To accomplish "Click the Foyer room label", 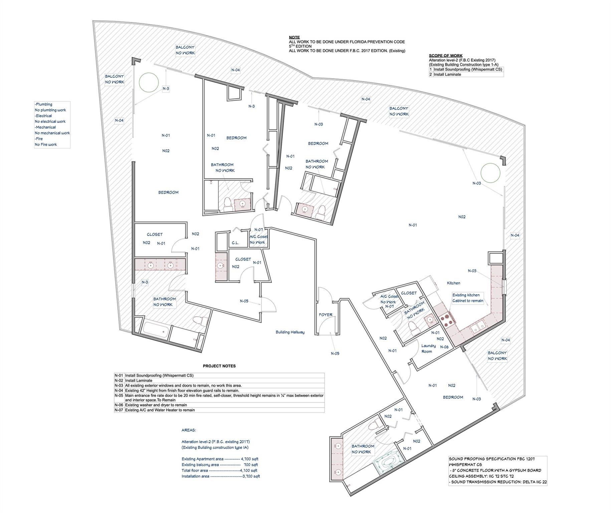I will pyautogui.click(x=325, y=315).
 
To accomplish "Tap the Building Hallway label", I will pyautogui.click(x=290, y=332).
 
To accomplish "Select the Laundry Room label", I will pyautogui.click(x=428, y=348).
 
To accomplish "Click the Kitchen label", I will pyautogui.click(x=453, y=283).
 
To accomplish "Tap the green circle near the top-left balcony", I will pyautogui.click(x=149, y=82).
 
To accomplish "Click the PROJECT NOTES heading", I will pyautogui.click(x=219, y=366).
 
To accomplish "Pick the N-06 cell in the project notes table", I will pyautogui.click(x=119, y=405).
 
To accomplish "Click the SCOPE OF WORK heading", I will pyautogui.click(x=445, y=56).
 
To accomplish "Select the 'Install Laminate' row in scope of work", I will pyautogui.click(x=447, y=74).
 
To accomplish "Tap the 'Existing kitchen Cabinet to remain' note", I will pyautogui.click(x=467, y=298).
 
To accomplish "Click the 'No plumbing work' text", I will pyautogui.click(x=50, y=110).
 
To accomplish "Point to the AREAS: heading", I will pyautogui.click(x=189, y=430).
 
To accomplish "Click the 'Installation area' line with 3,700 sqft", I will pyautogui.click(x=220, y=476).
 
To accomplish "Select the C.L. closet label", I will pyautogui.click(x=235, y=243).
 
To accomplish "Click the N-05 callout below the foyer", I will pyautogui.click(x=335, y=353).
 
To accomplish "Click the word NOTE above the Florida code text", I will pyautogui.click(x=294, y=37).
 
